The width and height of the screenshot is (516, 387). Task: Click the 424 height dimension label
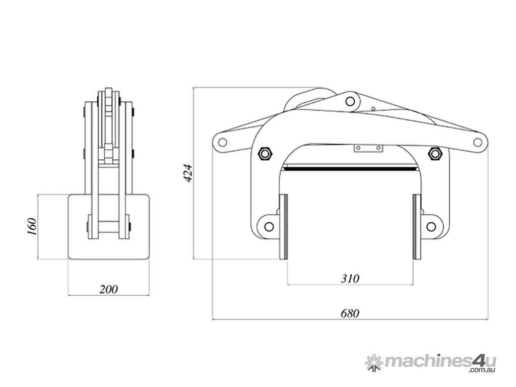click(187, 173)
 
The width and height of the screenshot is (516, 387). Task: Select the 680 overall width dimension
click(350, 313)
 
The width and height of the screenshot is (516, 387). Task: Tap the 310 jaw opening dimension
click(350, 278)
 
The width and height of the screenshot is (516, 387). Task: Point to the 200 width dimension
click(108, 289)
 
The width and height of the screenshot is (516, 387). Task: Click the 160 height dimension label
click(32, 226)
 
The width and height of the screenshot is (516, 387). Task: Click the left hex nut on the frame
click(265, 153)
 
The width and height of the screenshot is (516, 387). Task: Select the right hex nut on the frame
click(435, 153)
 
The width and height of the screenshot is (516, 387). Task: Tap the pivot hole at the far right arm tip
click(477, 142)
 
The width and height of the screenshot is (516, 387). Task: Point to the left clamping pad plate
click(283, 227)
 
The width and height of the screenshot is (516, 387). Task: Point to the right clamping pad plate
click(417, 227)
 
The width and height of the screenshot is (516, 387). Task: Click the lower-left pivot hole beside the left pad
click(269, 226)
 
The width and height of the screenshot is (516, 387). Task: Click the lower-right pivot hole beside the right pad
click(431, 226)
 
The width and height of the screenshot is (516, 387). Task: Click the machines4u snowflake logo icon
click(374, 362)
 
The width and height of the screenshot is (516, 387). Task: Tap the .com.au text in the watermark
click(482, 370)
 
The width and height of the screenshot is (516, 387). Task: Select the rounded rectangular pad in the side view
click(109, 227)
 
